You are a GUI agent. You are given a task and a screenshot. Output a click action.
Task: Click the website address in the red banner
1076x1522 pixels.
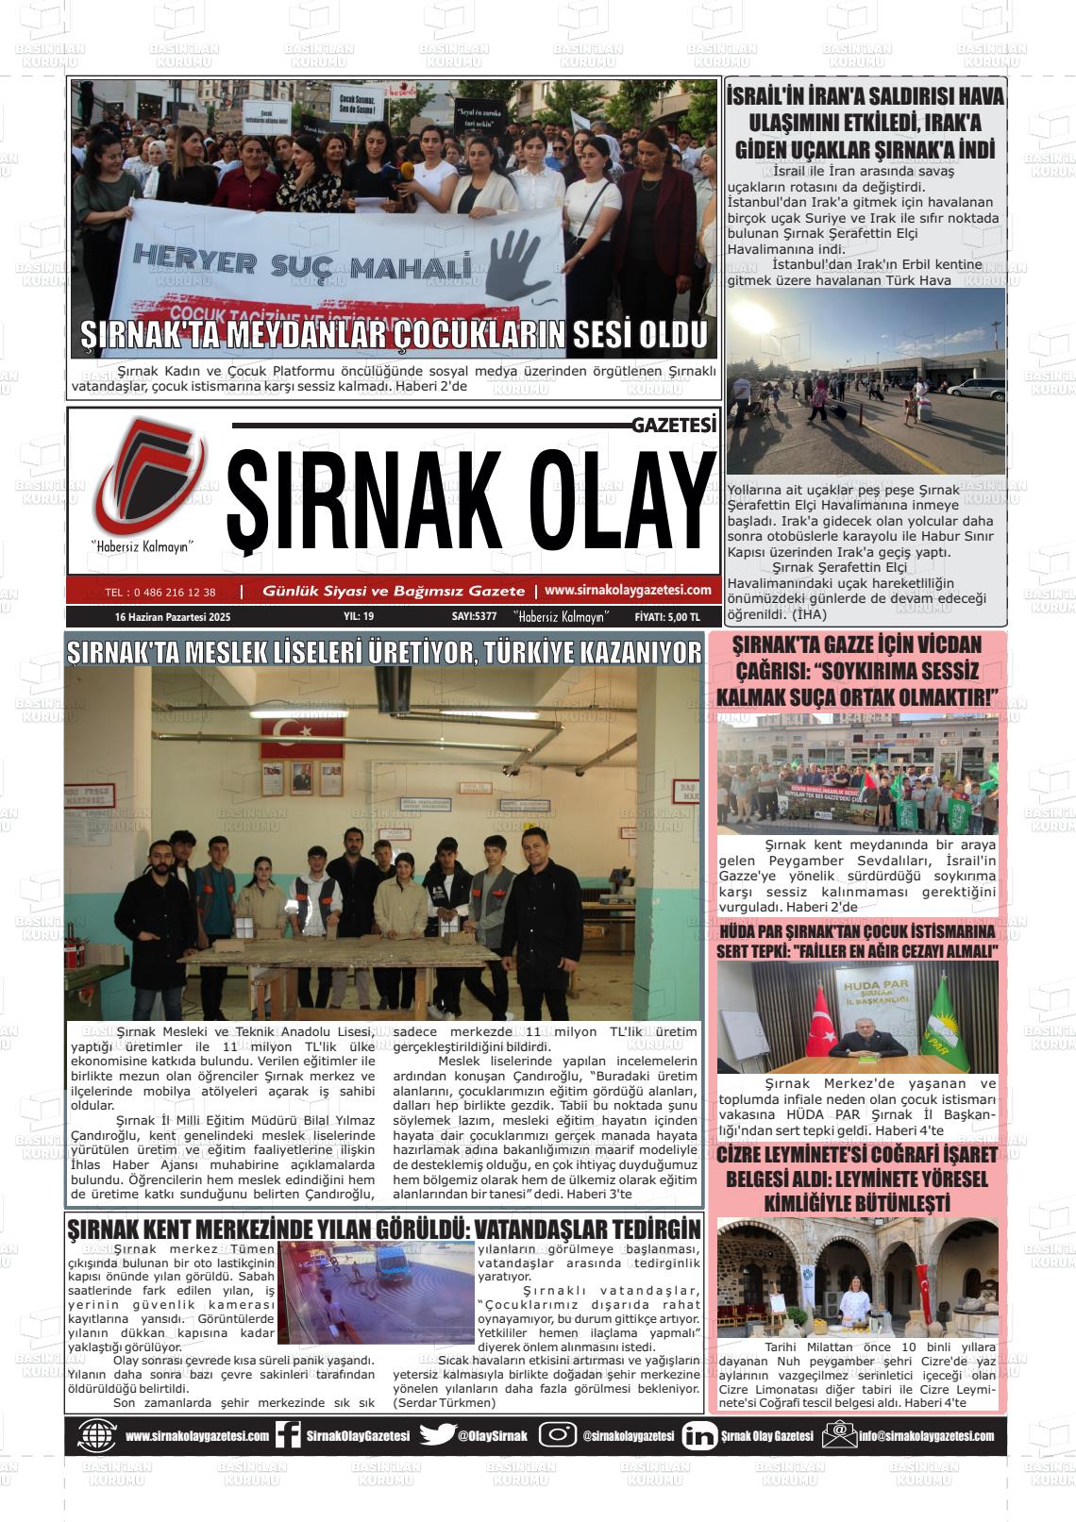coord(628,590)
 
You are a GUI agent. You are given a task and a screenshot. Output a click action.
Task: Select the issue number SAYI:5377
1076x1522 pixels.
coord(474,616)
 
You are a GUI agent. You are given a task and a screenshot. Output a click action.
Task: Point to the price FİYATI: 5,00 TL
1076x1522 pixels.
coord(667,616)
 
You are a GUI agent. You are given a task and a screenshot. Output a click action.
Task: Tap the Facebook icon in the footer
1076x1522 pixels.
coord(287,1435)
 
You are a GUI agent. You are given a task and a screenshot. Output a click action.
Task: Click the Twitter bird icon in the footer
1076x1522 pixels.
coord(437,1435)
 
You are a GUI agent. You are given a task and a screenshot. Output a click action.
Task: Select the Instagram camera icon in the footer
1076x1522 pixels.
coord(558,1435)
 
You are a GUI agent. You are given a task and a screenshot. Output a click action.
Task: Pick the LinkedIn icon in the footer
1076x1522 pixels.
coord(698,1435)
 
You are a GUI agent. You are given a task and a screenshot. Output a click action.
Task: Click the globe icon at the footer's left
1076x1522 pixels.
coord(97,1435)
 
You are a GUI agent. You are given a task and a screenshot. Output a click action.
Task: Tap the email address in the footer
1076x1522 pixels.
coord(925,1436)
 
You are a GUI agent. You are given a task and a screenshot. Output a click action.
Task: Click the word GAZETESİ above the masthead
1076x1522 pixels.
coord(674,426)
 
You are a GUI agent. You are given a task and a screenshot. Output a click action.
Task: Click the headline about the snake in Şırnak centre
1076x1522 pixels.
coord(384,1229)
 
